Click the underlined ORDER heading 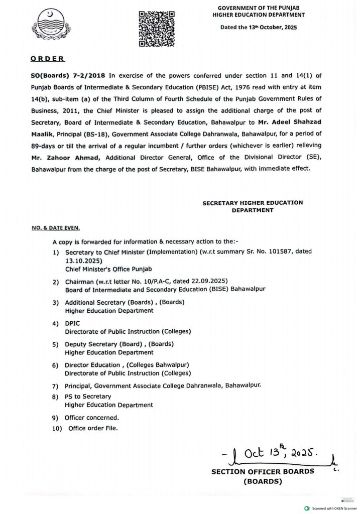click(x=48, y=58)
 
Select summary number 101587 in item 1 click(x=272, y=250)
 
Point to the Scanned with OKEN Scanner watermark click(x=327, y=508)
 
